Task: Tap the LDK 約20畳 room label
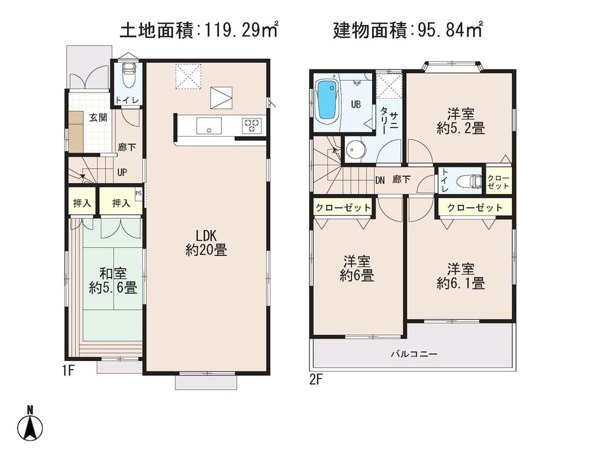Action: pos(206,242)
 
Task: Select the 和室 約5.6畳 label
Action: pos(113,281)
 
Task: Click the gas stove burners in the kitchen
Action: pos(251,125)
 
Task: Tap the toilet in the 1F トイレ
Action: pos(128,76)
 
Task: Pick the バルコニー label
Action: pos(413,354)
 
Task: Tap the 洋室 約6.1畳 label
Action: pos(460,275)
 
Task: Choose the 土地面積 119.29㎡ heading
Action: pos(199,29)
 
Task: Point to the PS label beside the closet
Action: pos(139,194)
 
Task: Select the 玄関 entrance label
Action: pos(99,117)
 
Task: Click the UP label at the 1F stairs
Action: pos(122,172)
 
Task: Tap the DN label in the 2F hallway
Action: pos(380,180)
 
